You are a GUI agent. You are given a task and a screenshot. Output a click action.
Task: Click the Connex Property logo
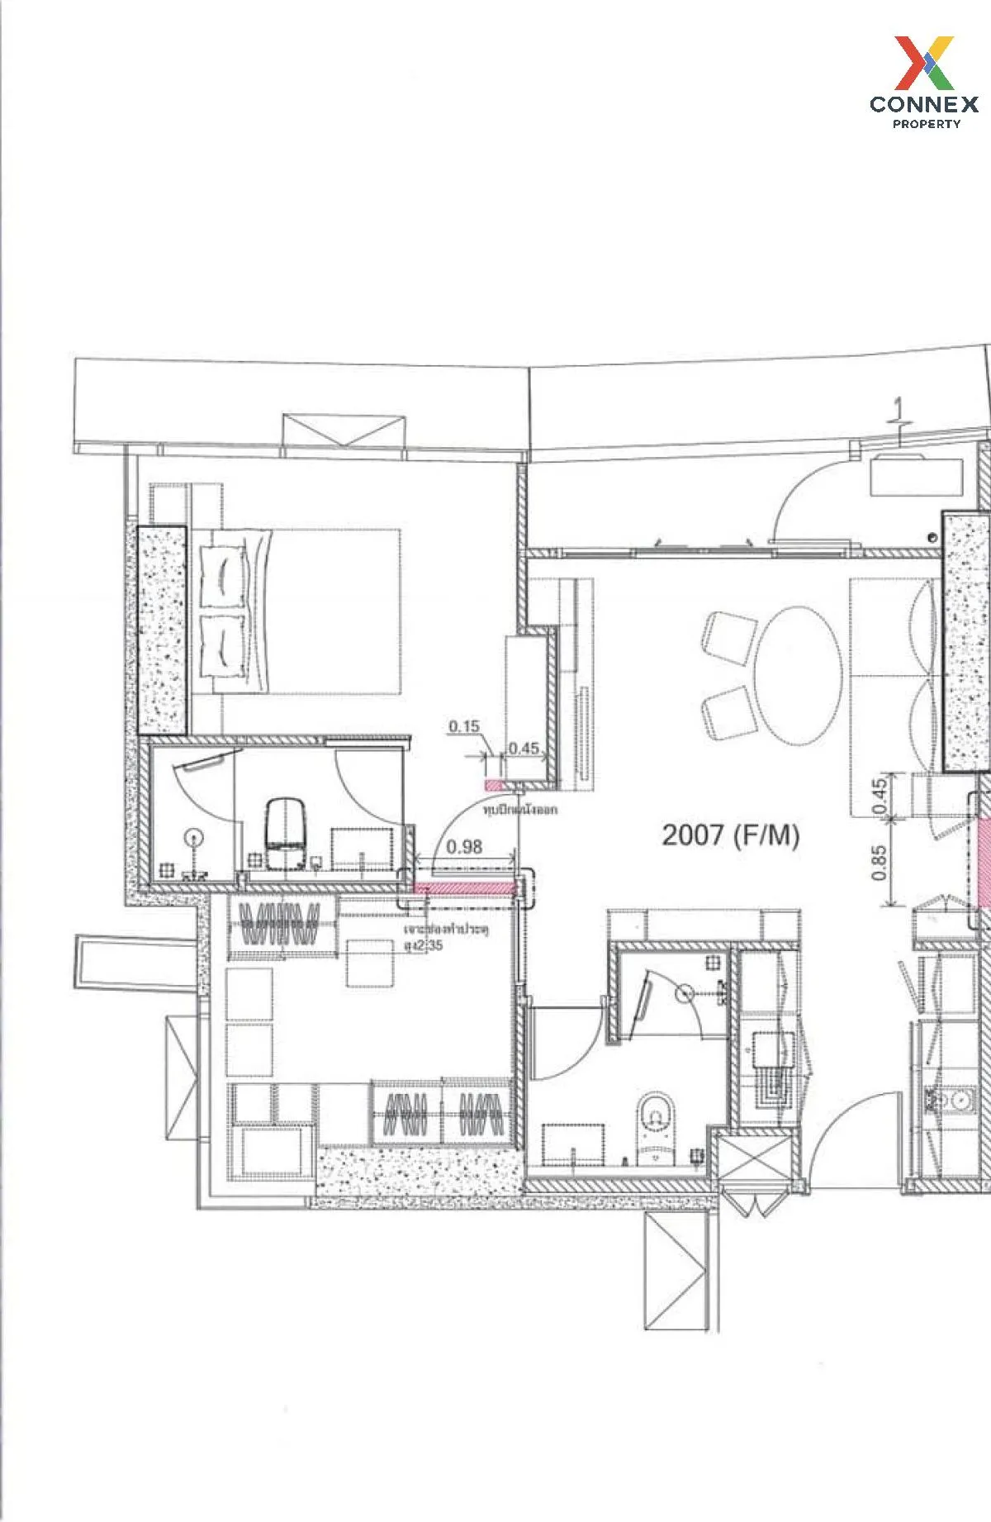[x=923, y=82]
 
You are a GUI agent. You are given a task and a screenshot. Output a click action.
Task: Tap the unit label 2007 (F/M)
[x=730, y=835]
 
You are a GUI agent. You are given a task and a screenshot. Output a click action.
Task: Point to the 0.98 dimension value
[x=463, y=846]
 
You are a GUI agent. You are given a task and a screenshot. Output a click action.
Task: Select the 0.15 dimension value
[x=464, y=726]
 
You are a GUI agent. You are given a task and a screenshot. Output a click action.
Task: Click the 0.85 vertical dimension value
[x=879, y=863]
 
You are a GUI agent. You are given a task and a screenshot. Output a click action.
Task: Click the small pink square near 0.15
[x=493, y=783]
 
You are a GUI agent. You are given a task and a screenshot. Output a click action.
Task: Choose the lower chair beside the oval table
[x=728, y=715]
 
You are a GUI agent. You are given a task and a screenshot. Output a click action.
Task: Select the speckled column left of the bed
[x=163, y=630]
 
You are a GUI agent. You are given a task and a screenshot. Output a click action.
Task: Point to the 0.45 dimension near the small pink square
[x=523, y=749]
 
